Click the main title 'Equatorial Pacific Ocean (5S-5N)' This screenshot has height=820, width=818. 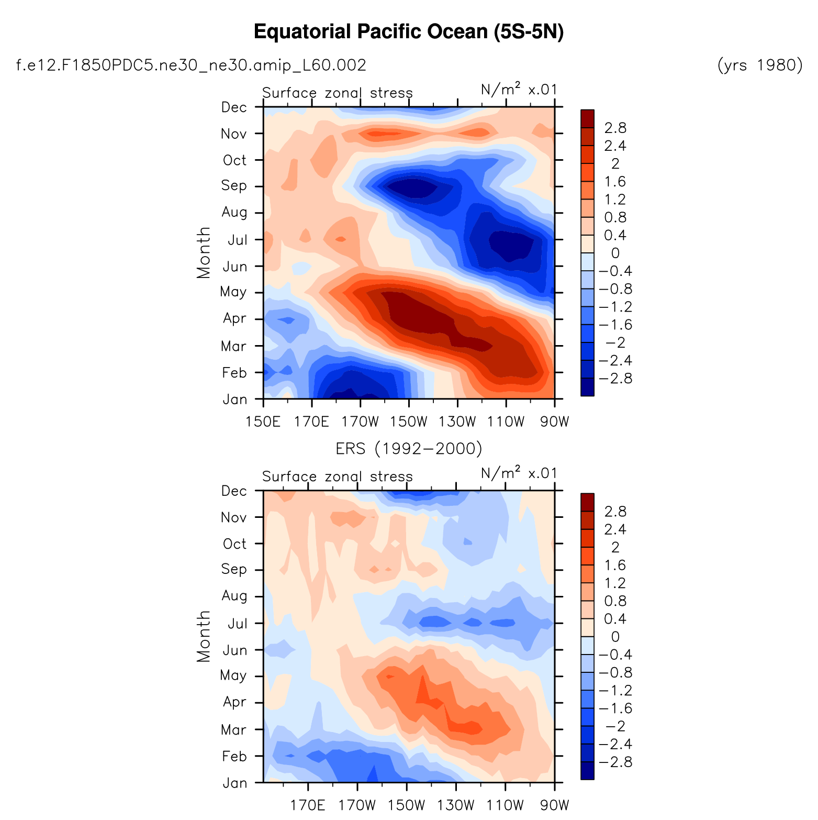click(409, 32)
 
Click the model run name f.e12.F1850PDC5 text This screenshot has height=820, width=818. click(192, 65)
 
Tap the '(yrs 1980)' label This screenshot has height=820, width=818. click(760, 65)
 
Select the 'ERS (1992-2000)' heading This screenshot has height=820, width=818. click(409, 449)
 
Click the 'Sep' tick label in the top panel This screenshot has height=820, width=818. click(233, 186)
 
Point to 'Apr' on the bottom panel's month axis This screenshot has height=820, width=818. click(233, 702)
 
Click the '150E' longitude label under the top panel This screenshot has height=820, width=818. click(263, 422)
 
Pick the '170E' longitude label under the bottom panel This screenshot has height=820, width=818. click(308, 805)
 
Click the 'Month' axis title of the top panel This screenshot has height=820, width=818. click(203, 252)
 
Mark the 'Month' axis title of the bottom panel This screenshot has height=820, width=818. click(203, 636)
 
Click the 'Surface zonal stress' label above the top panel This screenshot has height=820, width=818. click(338, 93)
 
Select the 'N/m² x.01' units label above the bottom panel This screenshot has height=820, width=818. click(519, 473)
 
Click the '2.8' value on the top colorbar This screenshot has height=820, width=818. click(615, 128)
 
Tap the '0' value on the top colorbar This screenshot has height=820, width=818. click(615, 253)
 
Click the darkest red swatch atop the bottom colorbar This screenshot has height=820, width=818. click(588, 502)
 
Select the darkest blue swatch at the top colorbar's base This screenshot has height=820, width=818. click(588, 387)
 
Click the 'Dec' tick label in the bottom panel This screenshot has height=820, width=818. click(233, 491)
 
